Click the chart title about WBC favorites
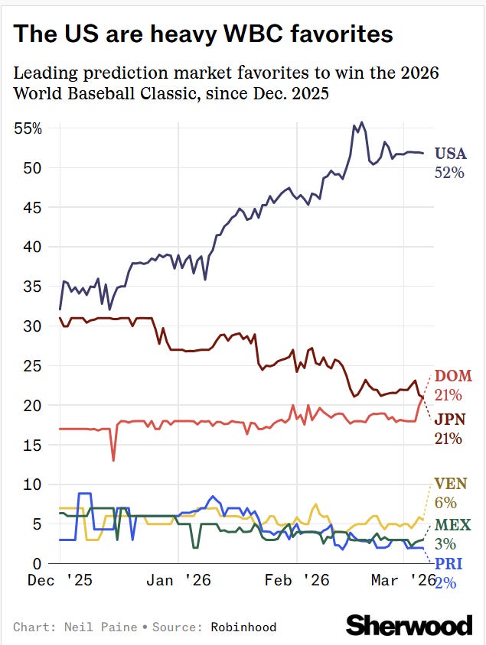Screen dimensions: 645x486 [x=204, y=34]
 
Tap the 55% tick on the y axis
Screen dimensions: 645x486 [x=28, y=128]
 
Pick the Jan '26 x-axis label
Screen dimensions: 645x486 [x=178, y=582]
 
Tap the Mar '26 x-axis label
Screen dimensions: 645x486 [x=405, y=582]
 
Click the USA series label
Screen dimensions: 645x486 [x=450, y=154]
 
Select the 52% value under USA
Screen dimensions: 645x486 [x=450, y=173]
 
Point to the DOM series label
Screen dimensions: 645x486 [x=453, y=376]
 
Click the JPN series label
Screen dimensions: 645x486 [x=448, y=419]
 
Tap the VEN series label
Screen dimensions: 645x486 [x=451, y=484]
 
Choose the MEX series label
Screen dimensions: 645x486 [x=452, y=525]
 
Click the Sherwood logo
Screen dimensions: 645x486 [x=409, y=625]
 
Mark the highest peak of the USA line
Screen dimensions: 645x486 [x=361, y=122]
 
